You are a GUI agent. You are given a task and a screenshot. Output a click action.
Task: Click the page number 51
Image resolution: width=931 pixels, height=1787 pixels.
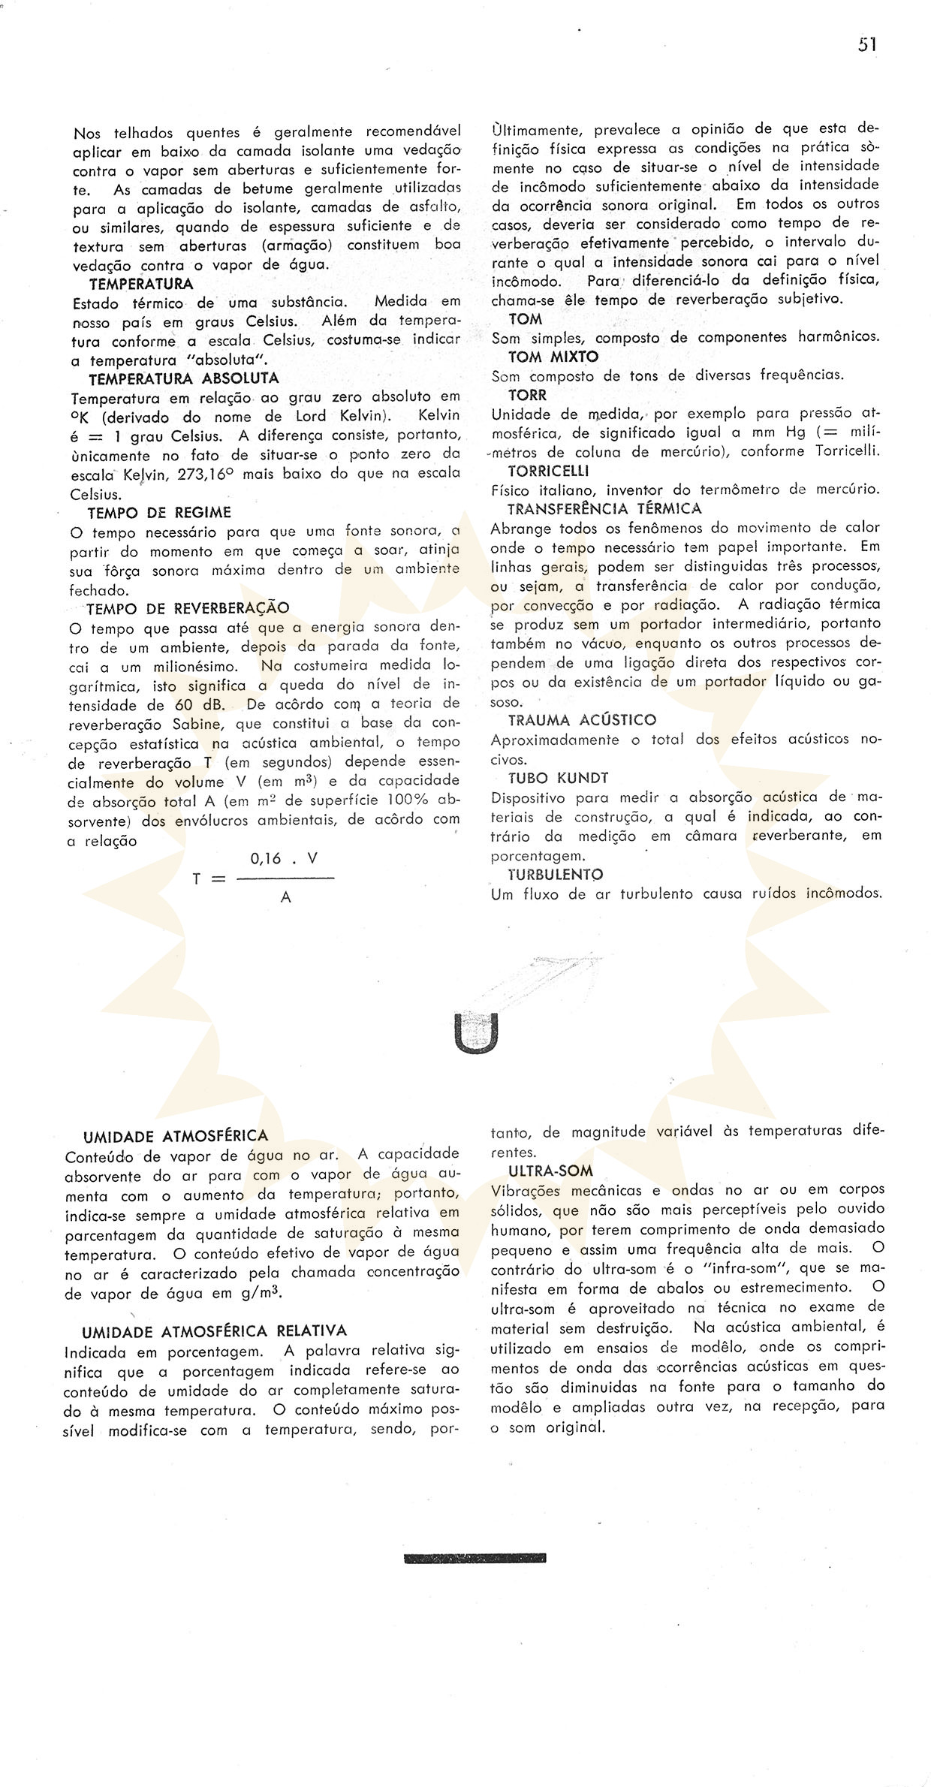867,44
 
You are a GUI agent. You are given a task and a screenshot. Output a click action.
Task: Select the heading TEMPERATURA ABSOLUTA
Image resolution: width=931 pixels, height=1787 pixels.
184,378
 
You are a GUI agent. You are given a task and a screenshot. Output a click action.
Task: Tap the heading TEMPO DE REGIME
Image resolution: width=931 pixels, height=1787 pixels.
159,513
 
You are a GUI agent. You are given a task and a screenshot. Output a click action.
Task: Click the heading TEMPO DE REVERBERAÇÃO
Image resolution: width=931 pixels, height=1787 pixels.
188,608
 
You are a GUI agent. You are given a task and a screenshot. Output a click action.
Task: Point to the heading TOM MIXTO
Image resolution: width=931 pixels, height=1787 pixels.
553,357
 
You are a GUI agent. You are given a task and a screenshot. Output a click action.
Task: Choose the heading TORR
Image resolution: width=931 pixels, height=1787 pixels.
528,395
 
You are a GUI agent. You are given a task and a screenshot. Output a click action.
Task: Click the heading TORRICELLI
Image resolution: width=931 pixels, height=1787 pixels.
548,472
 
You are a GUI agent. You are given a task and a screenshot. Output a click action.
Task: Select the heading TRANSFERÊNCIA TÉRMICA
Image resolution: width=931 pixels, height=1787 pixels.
604,509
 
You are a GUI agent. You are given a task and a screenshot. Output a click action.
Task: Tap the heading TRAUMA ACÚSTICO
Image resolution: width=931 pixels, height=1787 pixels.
582,720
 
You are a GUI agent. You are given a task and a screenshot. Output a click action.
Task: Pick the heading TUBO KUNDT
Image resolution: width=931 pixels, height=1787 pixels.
558,778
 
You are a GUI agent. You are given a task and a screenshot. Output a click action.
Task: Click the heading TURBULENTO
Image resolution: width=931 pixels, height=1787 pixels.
556,875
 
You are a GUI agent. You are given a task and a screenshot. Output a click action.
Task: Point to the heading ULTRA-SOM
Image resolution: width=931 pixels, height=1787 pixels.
550,1171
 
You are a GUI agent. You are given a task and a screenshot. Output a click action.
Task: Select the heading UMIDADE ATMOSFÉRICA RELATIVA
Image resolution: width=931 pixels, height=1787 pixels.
215,1332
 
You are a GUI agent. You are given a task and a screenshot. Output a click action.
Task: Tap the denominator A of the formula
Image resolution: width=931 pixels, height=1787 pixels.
285,897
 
